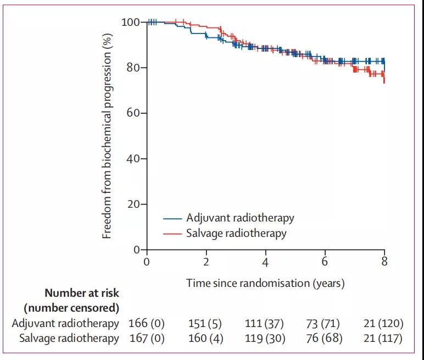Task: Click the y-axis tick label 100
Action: [130, 22]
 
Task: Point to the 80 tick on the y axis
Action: [132, 68]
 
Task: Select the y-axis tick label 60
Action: [132, 113]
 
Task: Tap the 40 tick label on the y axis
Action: [132, 159]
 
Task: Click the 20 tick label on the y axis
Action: [132, 204]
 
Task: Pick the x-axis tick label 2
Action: [206, 262]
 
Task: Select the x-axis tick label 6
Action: [325, 262]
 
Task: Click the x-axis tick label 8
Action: [384, 262]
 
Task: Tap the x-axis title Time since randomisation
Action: [265, 284]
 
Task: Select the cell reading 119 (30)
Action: [265, 338]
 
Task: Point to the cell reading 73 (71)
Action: [325, 323]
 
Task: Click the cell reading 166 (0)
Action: [147, 323]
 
